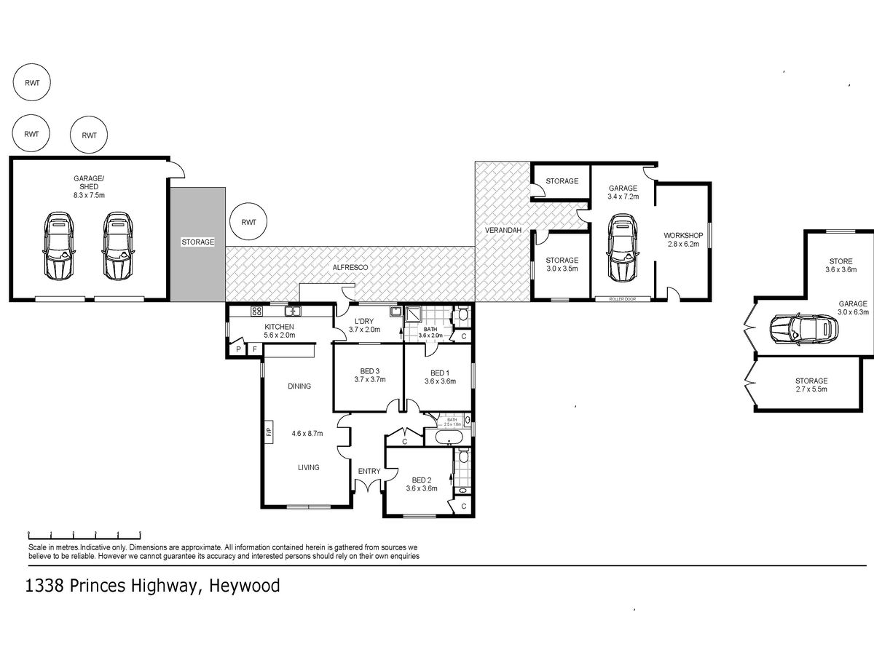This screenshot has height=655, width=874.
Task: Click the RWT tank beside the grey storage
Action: (x=248, y=221)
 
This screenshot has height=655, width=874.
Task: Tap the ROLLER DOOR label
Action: (x=623, y=298)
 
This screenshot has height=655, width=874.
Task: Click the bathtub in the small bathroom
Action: (x=449, y=437)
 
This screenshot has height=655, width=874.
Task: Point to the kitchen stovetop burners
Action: (x=256, y=311)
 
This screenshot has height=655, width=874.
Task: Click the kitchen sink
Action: (x=293, y=311)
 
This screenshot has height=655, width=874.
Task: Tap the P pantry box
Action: (x=238, y=349)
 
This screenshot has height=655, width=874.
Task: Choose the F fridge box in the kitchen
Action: (x=254, y=349)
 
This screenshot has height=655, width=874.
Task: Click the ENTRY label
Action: (x=369, y=472)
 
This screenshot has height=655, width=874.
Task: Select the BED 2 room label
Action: (x=422, y=485)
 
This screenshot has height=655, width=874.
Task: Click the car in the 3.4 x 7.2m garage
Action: (x=622, y=247)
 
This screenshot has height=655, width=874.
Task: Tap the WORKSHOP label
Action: (x=683, y=235)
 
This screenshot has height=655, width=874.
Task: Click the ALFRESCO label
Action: (x=350, y=268)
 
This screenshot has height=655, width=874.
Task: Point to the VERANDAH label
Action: (x=503, y=230)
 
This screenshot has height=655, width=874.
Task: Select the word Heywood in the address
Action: (x=245, y=586)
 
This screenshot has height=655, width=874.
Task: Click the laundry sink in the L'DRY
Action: (x=395, y=311)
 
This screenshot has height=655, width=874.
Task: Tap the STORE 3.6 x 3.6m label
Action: (x=841, y=265)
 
